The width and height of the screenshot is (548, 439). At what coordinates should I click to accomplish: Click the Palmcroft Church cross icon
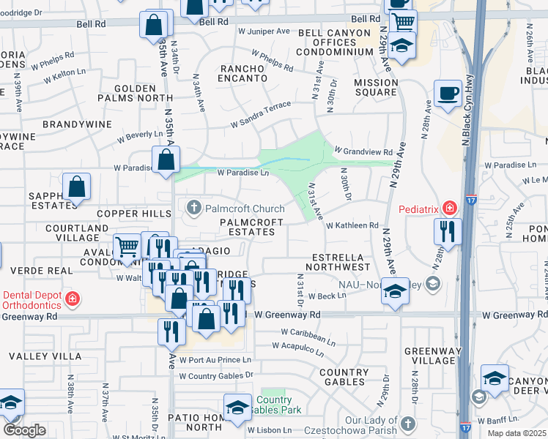(194, 207)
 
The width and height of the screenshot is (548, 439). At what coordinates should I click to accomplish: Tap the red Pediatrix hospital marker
(448, 209)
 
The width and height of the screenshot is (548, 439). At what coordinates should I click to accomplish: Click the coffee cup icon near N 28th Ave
(448, 94)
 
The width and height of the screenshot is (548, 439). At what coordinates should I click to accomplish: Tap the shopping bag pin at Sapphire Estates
(76, 187)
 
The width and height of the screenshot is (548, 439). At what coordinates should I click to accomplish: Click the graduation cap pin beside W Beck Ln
(395, 293)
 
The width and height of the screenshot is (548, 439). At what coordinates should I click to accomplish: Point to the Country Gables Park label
(273, 405)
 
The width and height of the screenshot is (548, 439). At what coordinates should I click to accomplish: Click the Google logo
(24, 429)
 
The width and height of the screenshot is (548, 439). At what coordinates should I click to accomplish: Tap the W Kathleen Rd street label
(352, 226)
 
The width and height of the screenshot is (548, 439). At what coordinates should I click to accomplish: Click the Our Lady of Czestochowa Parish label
(374, 425)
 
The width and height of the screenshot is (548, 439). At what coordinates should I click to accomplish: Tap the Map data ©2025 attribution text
(516, 433)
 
